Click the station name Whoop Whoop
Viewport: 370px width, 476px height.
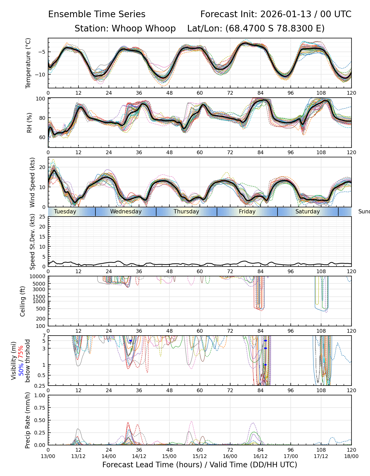tap(144, 28)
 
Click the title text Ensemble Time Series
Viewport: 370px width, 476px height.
tap(97, 14)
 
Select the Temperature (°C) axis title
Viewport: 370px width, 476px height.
tap(28, 63)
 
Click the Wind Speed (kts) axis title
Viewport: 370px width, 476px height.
tap(32, 182)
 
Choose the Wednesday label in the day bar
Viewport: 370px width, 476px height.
tap(126, 212)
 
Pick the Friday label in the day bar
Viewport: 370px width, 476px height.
tap(247, 212)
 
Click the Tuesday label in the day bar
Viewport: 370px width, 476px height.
tap(65, 212)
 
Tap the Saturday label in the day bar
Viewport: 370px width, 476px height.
tap(307, 212)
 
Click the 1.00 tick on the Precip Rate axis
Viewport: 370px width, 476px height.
tap(41, 395)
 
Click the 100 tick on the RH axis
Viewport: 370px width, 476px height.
tap(41, 99)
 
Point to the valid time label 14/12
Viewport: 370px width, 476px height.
tap(139, 456)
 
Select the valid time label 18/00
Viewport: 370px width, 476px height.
tap(351, 456)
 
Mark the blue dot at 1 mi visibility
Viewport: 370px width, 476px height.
tap(265, 365)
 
